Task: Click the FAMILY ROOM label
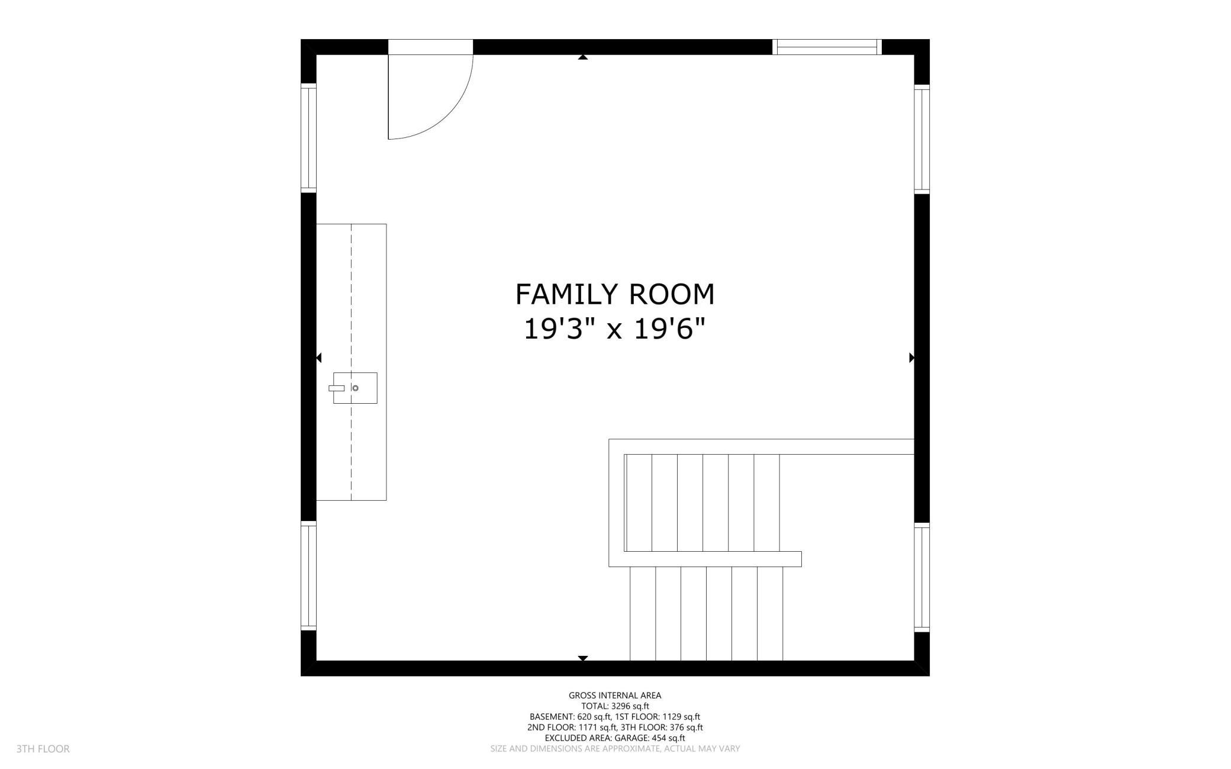tap(615, 294)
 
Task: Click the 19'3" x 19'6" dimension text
tap(615, 329)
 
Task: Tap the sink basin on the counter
tap(355, 388)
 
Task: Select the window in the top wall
tap(827, 47)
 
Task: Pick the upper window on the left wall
tap(308, 137)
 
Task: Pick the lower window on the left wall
tap(308, 576)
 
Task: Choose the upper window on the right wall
tap(921, 139)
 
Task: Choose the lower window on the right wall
tap(921, 578)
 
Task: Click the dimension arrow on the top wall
tap(583, 57)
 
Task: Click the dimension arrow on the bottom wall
tap(583, 658)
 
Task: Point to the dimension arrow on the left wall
tap(319, 358)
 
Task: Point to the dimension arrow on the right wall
tap(911, 358)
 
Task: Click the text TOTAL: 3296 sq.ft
tap(615, 706)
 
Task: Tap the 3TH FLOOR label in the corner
tap(43, 749)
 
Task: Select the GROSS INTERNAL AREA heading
tap(615, 696)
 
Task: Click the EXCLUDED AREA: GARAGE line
tap(615, 738)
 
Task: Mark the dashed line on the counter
tap(352, 296)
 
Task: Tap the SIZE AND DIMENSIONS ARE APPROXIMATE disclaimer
tap(615, 749)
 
